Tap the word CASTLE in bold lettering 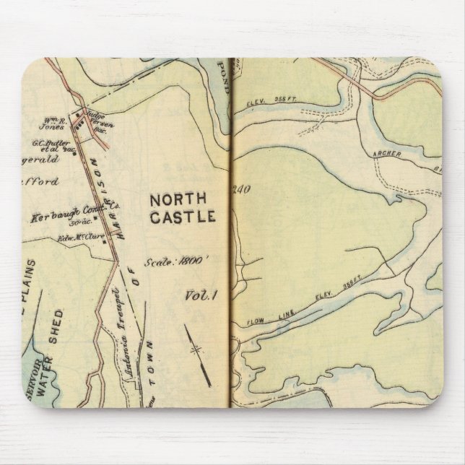[181, 216]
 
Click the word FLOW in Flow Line [258, 319]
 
